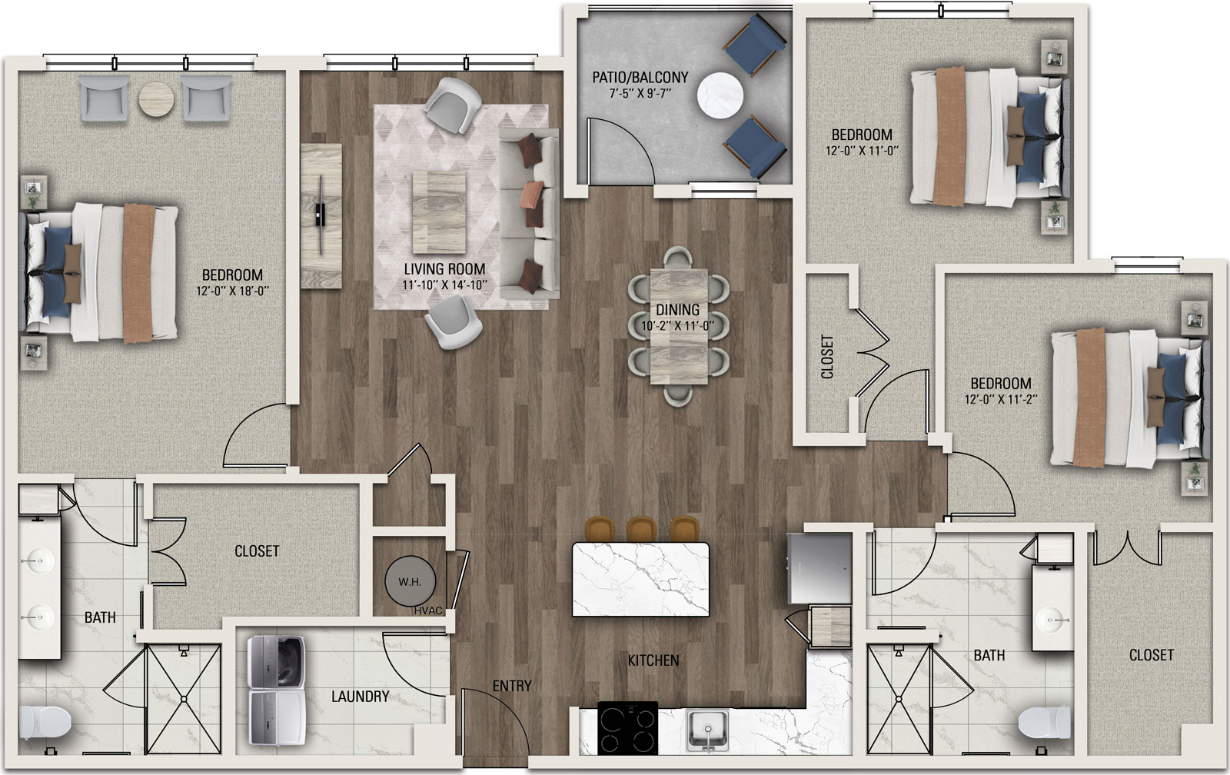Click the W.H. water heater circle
click(410, 581)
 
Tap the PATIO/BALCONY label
click(640, 78)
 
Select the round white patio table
click(720, 96)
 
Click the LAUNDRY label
click(361, 697)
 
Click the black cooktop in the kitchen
click(627, 728)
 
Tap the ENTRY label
click(512, 686)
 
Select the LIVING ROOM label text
click(444, 269)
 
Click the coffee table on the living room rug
click(439, 212)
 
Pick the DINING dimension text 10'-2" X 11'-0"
click(677, 326)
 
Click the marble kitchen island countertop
click(640, 580)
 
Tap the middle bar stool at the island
click(641, 530)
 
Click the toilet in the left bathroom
click(45, 722)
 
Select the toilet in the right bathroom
click(1045, 723)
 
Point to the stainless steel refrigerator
click(819, 567)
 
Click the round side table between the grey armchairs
click(157, 100)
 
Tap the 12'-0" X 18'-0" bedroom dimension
click(233, 291)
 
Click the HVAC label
click(428, 610)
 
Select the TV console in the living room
click(321, 216)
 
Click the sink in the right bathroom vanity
click(1052, 620)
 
